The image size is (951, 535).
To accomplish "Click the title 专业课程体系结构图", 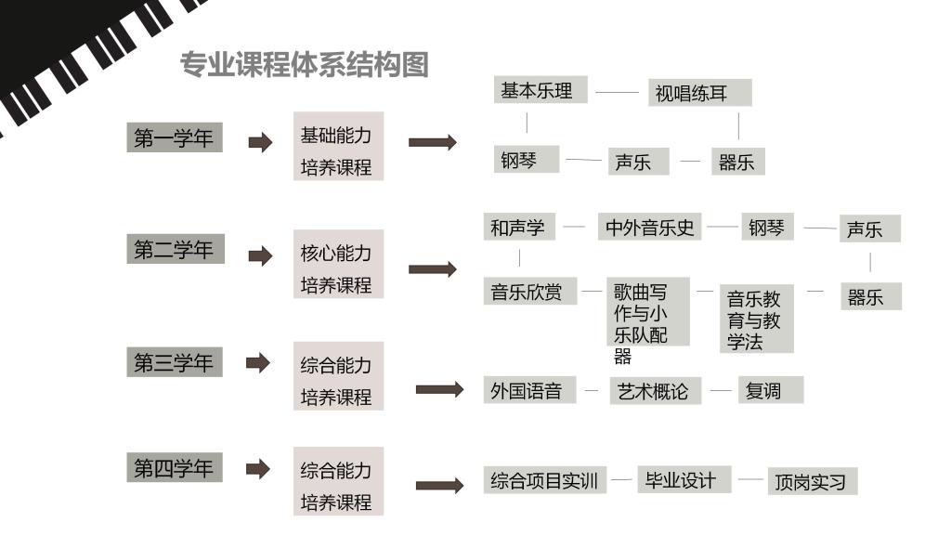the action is tap(305, 65).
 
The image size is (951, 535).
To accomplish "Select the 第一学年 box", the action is tap(175, 137).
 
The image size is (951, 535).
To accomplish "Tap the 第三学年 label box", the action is tap(175, 362).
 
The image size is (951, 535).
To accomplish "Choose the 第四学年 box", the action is tap(175, 467).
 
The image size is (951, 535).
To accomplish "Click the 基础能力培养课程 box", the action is tap(338, 146).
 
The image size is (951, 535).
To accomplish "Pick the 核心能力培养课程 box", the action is tap(338, 264).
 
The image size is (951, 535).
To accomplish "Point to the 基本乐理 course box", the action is tap(541, 90).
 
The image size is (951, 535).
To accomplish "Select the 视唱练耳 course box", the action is tap(700, 93).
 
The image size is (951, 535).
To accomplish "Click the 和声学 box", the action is tap(519, 227).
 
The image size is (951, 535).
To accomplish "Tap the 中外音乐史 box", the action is tap(649, 227).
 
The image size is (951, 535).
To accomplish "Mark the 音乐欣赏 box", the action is tap(530, 291).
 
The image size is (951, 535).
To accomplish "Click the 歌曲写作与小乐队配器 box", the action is tap(648, 312).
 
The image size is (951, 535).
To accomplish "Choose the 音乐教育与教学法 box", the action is tap(756, 319).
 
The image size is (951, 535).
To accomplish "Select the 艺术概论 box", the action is tap(655, 391).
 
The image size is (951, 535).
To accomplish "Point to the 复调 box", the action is tap(771, 390).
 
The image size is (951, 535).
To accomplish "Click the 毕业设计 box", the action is tap(684, 480).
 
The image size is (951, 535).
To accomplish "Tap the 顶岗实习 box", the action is tap(813, 481).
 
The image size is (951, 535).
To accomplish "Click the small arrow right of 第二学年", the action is tap(261, 256).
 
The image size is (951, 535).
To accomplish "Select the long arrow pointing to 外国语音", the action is tap(439, 389).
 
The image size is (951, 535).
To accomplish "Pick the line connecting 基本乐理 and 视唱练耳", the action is tap(618, 92).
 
